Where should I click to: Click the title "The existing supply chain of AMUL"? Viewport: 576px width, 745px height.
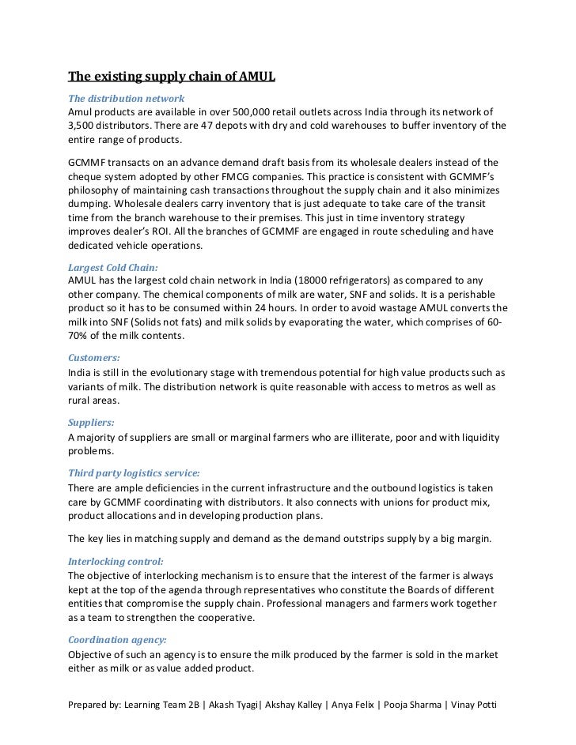click(171, 77)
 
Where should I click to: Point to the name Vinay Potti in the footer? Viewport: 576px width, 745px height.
click(472, 703)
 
